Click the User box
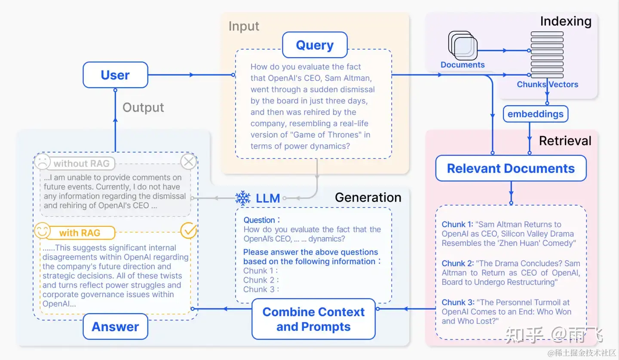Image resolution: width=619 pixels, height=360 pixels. point(115,75)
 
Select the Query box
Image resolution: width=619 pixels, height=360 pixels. point(315,45)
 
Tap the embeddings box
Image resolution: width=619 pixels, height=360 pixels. point(535,114)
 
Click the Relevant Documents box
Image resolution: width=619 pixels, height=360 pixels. point(511,168)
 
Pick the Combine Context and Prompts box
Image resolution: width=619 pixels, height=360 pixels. point(313,319)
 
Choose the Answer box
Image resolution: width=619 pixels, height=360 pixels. point(115,326)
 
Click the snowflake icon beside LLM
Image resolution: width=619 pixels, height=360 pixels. point(243,198)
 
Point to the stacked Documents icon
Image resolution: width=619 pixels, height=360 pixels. point(463,46)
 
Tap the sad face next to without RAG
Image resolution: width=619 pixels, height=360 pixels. point(42,162)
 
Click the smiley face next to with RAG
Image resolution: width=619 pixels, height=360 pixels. point(42,231)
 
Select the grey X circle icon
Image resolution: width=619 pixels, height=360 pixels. point(188,162)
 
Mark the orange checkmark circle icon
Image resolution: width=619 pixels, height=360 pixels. point(188,231)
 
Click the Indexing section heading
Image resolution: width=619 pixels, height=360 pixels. point(566,21)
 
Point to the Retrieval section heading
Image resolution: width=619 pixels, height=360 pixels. point(565,141)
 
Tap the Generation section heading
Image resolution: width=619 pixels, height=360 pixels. point(368,197)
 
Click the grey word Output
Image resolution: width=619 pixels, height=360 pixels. point(143,107)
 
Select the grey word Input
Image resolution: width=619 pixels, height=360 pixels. point(244,26)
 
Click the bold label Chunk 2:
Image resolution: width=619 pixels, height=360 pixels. point(457,263)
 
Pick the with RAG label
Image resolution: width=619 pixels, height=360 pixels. point(80,233)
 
